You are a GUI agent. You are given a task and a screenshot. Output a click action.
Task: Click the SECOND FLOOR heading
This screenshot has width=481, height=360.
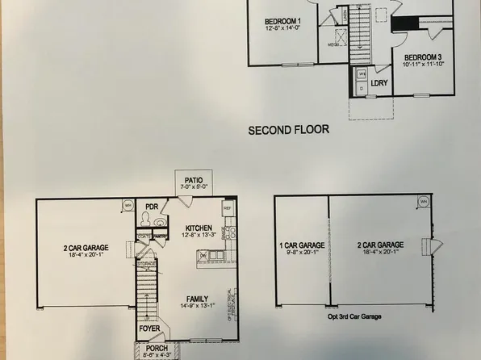pos(288,128)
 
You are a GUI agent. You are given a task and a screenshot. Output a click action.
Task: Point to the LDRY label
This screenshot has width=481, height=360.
pos(380,82)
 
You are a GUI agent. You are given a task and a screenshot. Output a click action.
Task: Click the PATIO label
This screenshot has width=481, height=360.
pos(193,181)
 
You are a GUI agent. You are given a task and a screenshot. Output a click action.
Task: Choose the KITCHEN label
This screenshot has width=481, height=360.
pos(198,228)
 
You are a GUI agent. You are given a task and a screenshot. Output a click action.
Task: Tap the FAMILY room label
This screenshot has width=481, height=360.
pos(197,297)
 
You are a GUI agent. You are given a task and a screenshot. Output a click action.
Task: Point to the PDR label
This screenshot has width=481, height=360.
pos(151,207)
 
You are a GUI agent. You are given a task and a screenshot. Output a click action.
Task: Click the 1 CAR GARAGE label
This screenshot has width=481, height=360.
pos(303,245)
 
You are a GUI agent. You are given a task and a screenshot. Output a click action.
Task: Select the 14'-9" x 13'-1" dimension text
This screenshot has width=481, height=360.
pos(197,305)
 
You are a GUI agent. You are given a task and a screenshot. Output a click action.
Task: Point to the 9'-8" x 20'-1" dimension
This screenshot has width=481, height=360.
pos(303,252)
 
